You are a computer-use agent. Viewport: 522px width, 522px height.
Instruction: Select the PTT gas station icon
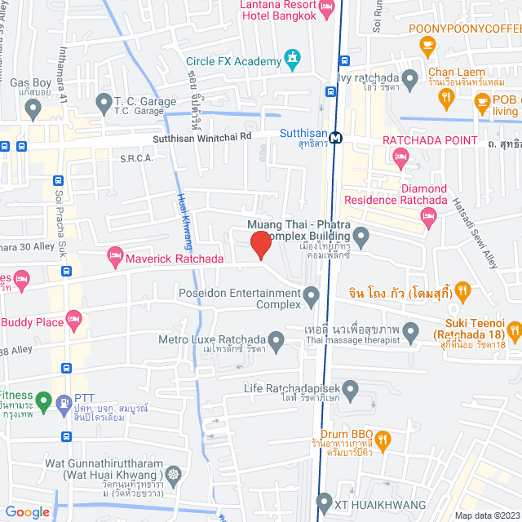click(x=64, y=402)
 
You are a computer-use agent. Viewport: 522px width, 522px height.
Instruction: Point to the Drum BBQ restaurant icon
click(x=384, y=441)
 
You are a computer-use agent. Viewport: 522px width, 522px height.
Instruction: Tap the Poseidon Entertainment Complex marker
click(x=311, y=296)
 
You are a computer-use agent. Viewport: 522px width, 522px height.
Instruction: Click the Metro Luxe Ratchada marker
click(x=277, y=344)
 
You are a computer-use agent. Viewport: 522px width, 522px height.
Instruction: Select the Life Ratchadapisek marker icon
click(x=350, y=392)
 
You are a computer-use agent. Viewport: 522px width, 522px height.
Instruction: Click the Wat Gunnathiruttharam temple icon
click(x=173, y=474)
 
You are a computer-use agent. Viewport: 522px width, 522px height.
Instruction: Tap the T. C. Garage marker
click(x=104, y=103)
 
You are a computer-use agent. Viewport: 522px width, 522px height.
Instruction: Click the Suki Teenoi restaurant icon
click(x=514, y=331)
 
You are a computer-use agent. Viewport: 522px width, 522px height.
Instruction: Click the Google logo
click(x=28, y=511)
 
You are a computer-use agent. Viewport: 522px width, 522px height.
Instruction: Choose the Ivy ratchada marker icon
click(x=411, y=79)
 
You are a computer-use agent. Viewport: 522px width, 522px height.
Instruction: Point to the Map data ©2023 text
click(x=486, y=515)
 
